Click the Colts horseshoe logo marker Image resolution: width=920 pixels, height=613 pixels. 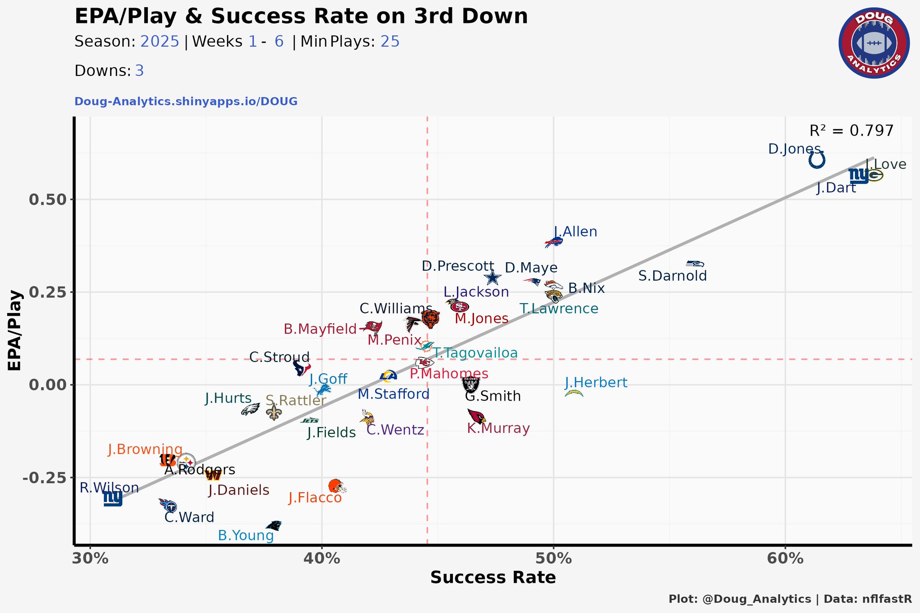pos(817,160)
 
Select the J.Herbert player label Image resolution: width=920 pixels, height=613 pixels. pos(596,383)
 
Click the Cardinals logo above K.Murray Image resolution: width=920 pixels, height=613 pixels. pos(476,416)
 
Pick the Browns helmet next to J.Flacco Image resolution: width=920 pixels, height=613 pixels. pos(337,486)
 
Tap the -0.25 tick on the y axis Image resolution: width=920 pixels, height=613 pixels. pos(45,477)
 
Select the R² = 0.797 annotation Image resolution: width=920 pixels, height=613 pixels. pos(851,131)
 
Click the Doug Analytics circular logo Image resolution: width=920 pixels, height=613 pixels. pos(874,43)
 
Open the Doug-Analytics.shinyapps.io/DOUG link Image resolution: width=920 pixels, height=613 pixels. pos(186,101)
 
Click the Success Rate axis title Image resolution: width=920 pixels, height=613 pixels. pos(493,578)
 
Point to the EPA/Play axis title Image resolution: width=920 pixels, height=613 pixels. pos(15,331)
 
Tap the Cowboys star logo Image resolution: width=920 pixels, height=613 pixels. pos(492,277)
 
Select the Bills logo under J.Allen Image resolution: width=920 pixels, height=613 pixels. pos(553,243)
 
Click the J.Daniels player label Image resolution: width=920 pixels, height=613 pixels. pos(239,490)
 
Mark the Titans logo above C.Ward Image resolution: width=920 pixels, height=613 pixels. pos(168,506)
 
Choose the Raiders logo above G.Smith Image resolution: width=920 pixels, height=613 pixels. pos(471,384)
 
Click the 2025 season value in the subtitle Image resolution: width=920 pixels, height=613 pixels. pos(160,42)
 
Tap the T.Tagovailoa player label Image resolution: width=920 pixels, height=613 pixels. pos(476,353)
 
